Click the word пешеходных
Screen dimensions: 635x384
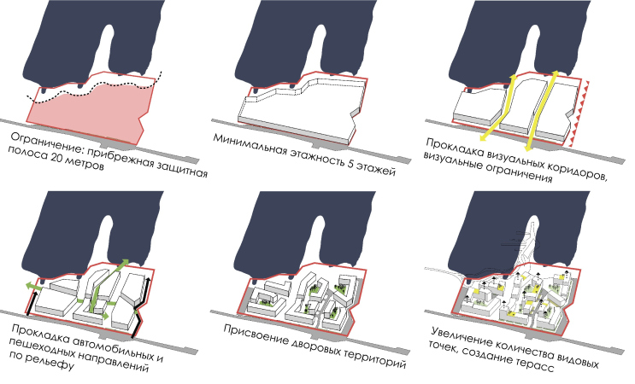(x=45, y=346)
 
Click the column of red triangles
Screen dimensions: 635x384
(x=579, y=113)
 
